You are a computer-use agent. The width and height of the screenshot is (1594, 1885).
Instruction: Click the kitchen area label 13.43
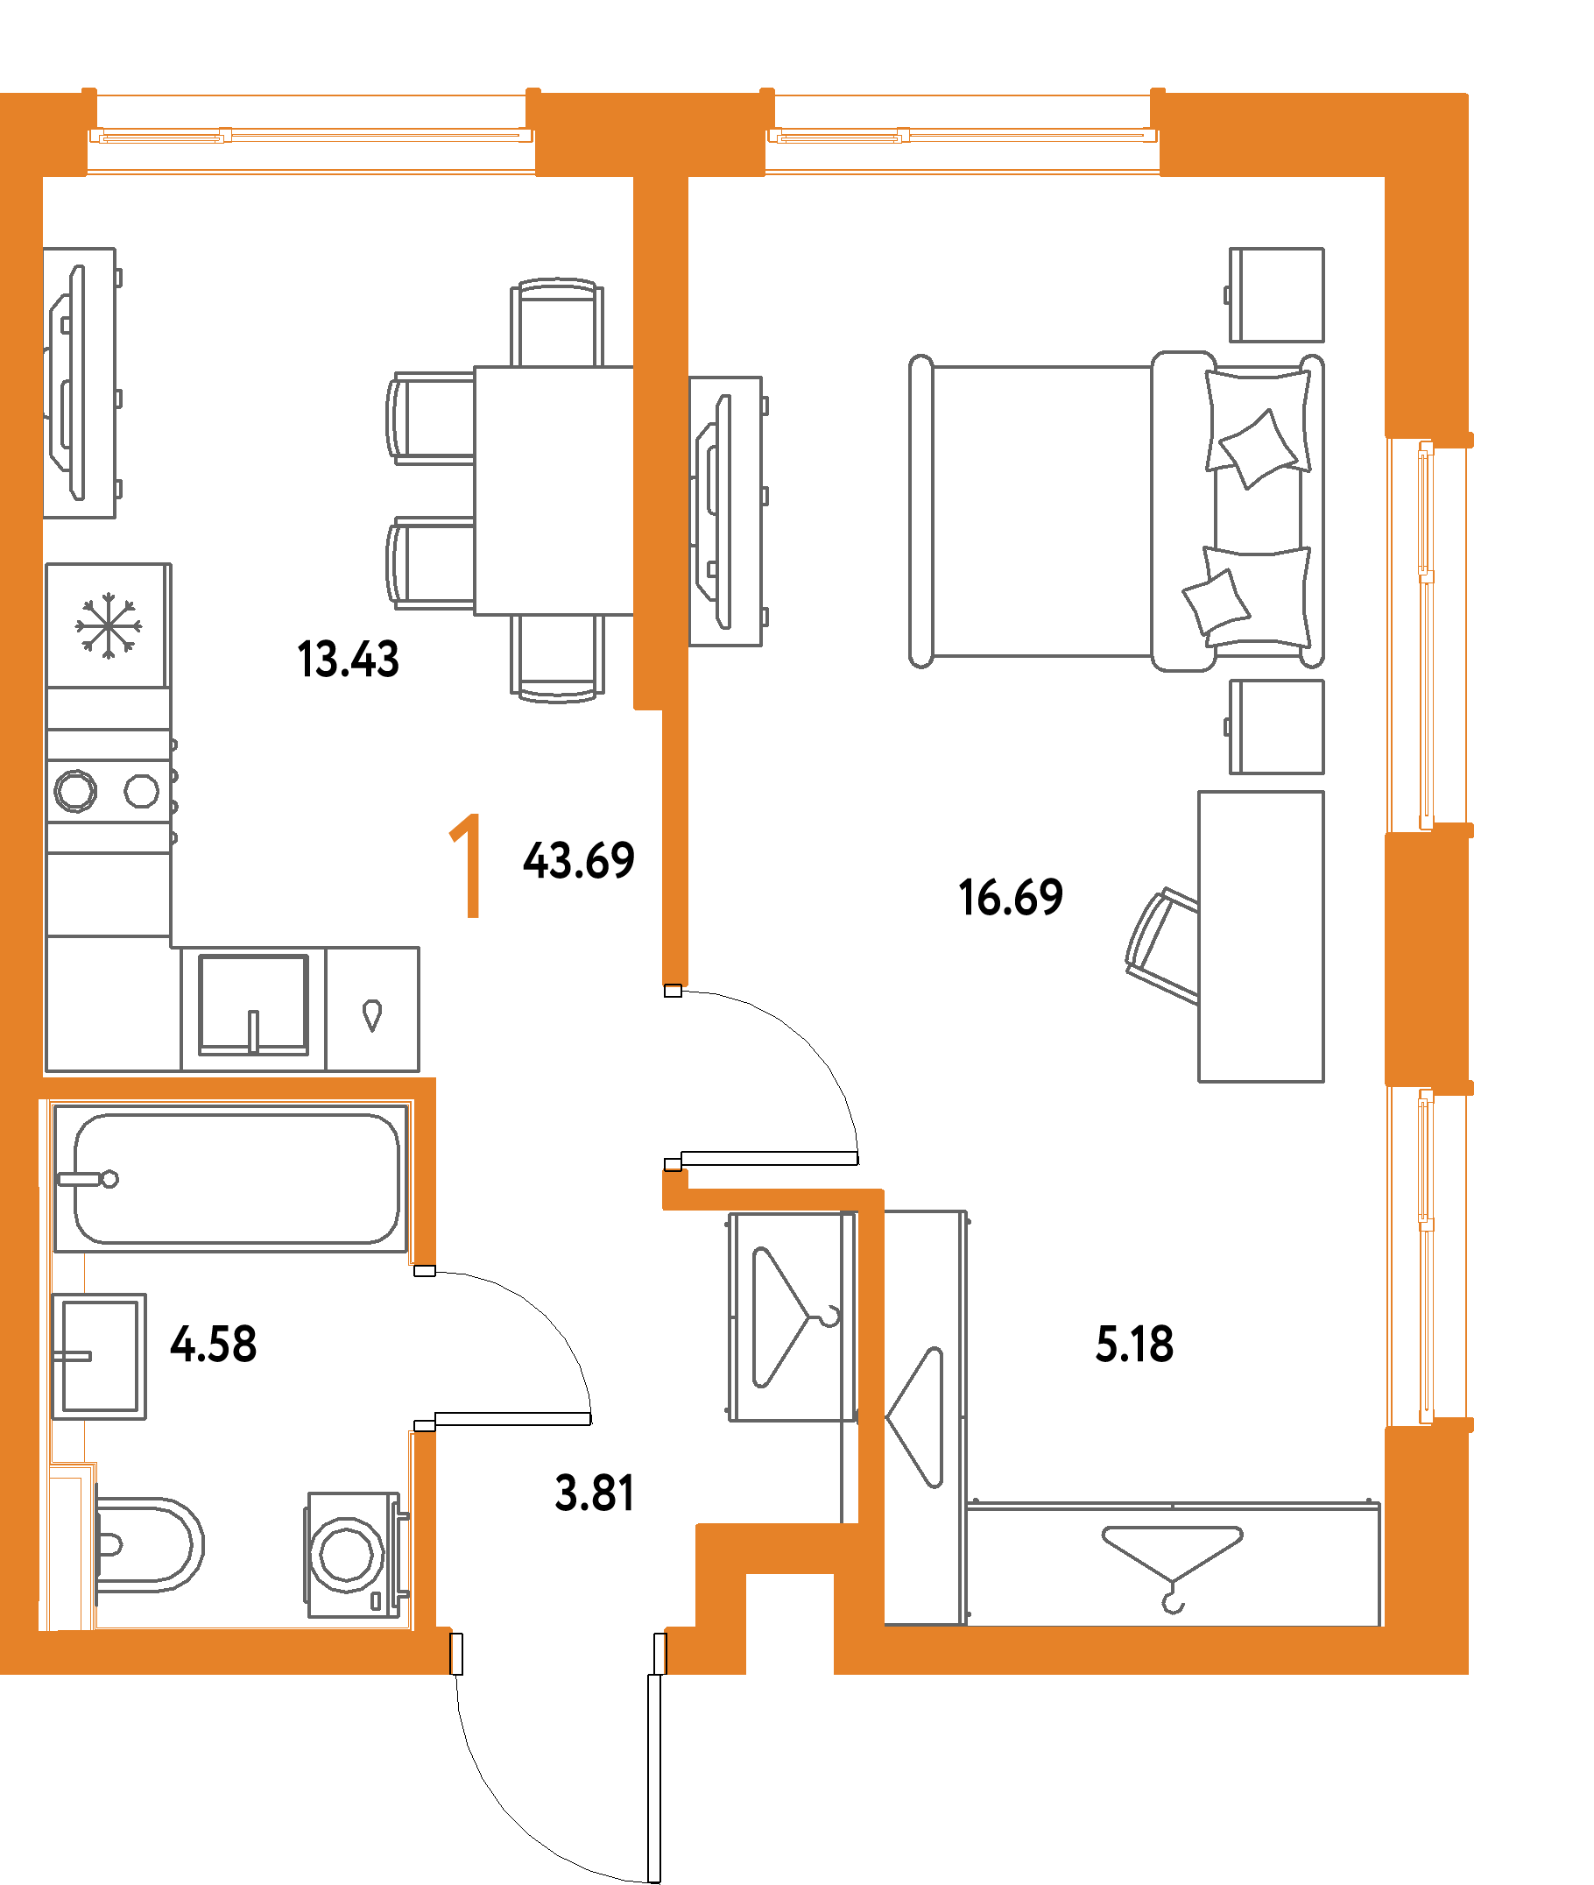(x=348, y=660)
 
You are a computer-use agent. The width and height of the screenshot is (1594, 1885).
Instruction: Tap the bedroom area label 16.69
(x=1010, y=897)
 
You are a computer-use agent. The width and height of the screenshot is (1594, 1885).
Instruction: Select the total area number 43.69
(x=578, y=860)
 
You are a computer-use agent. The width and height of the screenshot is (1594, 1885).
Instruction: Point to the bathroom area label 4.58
(x=213, y=1345)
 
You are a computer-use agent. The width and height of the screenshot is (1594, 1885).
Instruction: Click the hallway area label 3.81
(x=594, y=1493)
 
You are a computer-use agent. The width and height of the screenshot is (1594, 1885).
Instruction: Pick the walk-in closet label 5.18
(x=1134, y=1345)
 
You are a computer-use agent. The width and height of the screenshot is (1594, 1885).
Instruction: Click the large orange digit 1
(x=466, y=865)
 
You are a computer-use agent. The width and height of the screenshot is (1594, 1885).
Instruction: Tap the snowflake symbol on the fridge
(x=108, y=625)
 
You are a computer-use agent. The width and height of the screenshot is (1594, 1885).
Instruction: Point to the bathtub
(x=230, y=1178)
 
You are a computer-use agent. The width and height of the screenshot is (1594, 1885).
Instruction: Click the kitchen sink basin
(x=254, y=1005)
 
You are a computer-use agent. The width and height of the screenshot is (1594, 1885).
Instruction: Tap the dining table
(x=554, y=491)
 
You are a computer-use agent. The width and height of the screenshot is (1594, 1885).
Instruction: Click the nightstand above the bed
(x=1277, y=295)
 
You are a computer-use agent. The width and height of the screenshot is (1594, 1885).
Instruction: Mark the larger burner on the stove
(x=75, y=792)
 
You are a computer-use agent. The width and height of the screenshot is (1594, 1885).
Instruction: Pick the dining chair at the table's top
(x=558, y=322)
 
